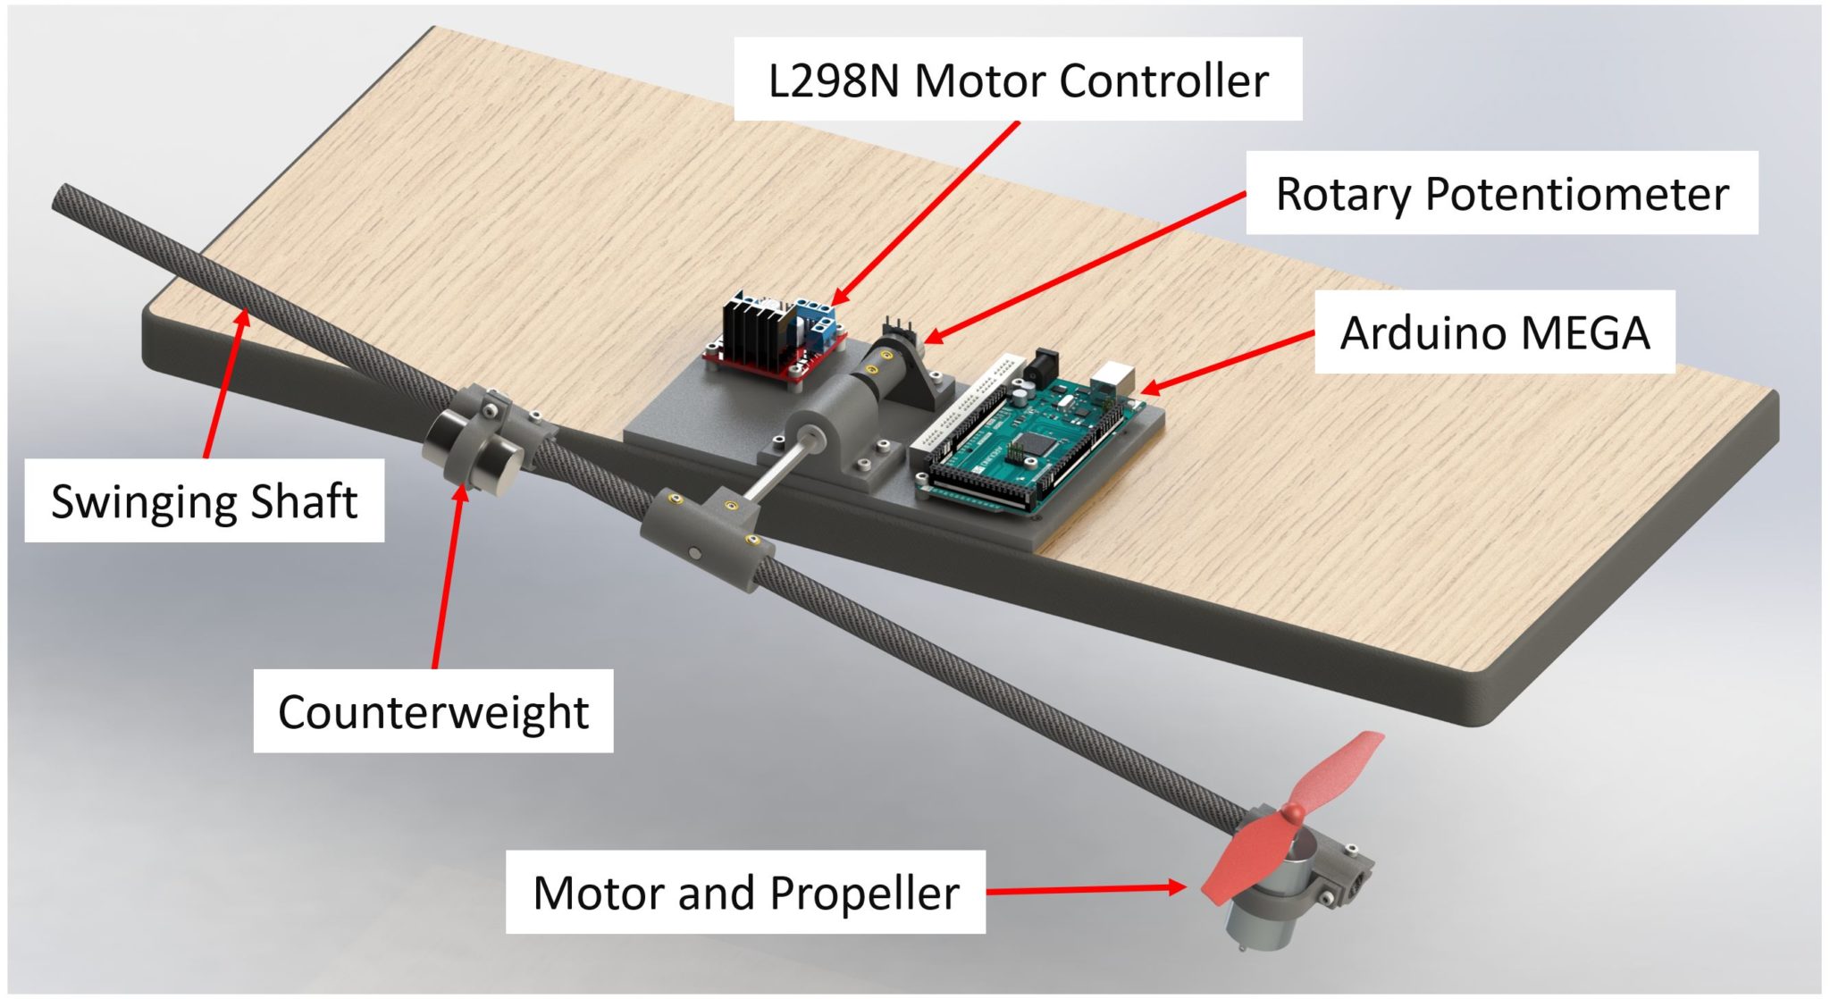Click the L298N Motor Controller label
[x=1018, y=80]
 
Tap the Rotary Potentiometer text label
[x=1501, y=193]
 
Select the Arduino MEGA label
[x=1494, y=332]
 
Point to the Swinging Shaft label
[x=204, y=500]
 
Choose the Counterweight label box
[x=432, y=711]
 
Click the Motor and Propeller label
[x=745, y=892]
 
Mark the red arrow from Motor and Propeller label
[x=1086, y=889]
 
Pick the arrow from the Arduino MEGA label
[x=1229, y=362]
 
